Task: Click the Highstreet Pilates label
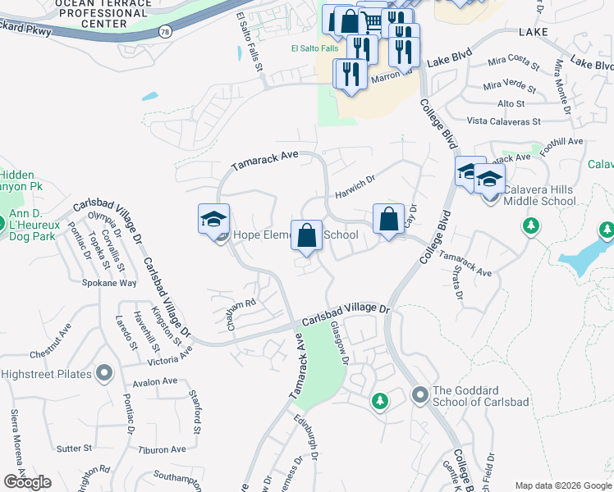[44, 374]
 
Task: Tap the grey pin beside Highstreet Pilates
[104, 374]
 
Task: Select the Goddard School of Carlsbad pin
[420, 396]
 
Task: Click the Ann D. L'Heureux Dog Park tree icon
[14, 221]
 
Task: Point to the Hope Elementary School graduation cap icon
[213, 219]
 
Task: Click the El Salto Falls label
[314, 48]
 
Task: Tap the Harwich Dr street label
[355, 186]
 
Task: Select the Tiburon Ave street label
[162, 449]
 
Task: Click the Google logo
[27, 482]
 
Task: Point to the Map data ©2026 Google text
[562, 485]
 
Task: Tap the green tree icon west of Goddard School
[379, 402]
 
